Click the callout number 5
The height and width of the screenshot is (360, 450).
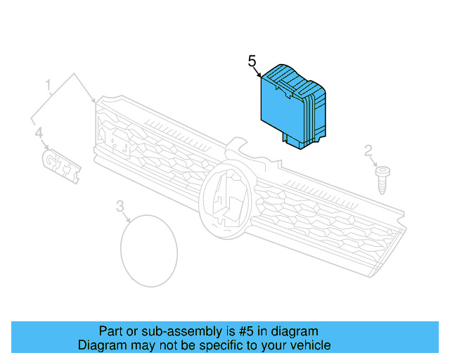pos(252,61)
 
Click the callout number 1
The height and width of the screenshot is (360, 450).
pos(49,86)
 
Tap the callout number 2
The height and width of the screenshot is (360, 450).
pos(368,150)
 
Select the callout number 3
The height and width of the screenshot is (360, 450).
pos(120,206)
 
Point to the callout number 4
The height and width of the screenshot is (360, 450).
pos(39,132)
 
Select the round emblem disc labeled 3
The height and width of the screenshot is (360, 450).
pos(149,250)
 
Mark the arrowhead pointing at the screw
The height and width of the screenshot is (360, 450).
pos(377,163)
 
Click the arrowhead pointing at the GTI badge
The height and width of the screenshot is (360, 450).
pos(49,147)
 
